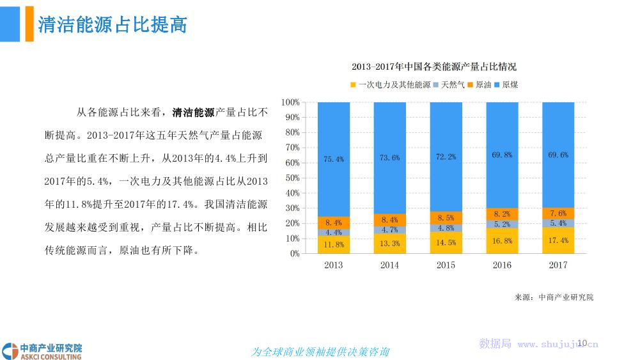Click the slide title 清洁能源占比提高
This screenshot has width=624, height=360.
point(113,24)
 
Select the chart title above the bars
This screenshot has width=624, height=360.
point(433,67)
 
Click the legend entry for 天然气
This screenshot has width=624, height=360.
point(449,85)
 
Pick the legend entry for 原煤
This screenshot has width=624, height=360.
point(506,85)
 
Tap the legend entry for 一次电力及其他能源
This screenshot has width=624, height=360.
point(391,85)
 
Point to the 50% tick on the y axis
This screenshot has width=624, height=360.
point(293,178)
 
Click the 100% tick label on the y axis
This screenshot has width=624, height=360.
point(290,102)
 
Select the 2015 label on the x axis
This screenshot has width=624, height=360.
point(446,265)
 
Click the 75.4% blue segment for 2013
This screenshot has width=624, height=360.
point(334,159)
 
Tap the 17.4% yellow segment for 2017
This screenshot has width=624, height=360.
point(558,240)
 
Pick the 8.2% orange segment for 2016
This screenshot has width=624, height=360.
point(503,214)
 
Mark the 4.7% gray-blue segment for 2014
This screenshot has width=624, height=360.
point(390,230)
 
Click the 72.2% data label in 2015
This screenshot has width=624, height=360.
point(446,157)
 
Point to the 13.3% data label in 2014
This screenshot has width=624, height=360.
point(390,244)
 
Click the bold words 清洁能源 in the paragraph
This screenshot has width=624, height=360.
point(194,113)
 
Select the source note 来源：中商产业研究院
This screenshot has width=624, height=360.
point(554,297)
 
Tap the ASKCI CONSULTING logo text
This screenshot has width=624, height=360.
point(51,357)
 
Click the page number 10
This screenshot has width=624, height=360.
point(582,343)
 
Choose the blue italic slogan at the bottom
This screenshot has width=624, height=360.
point(320,352)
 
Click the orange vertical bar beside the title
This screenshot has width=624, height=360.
point(29,24)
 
